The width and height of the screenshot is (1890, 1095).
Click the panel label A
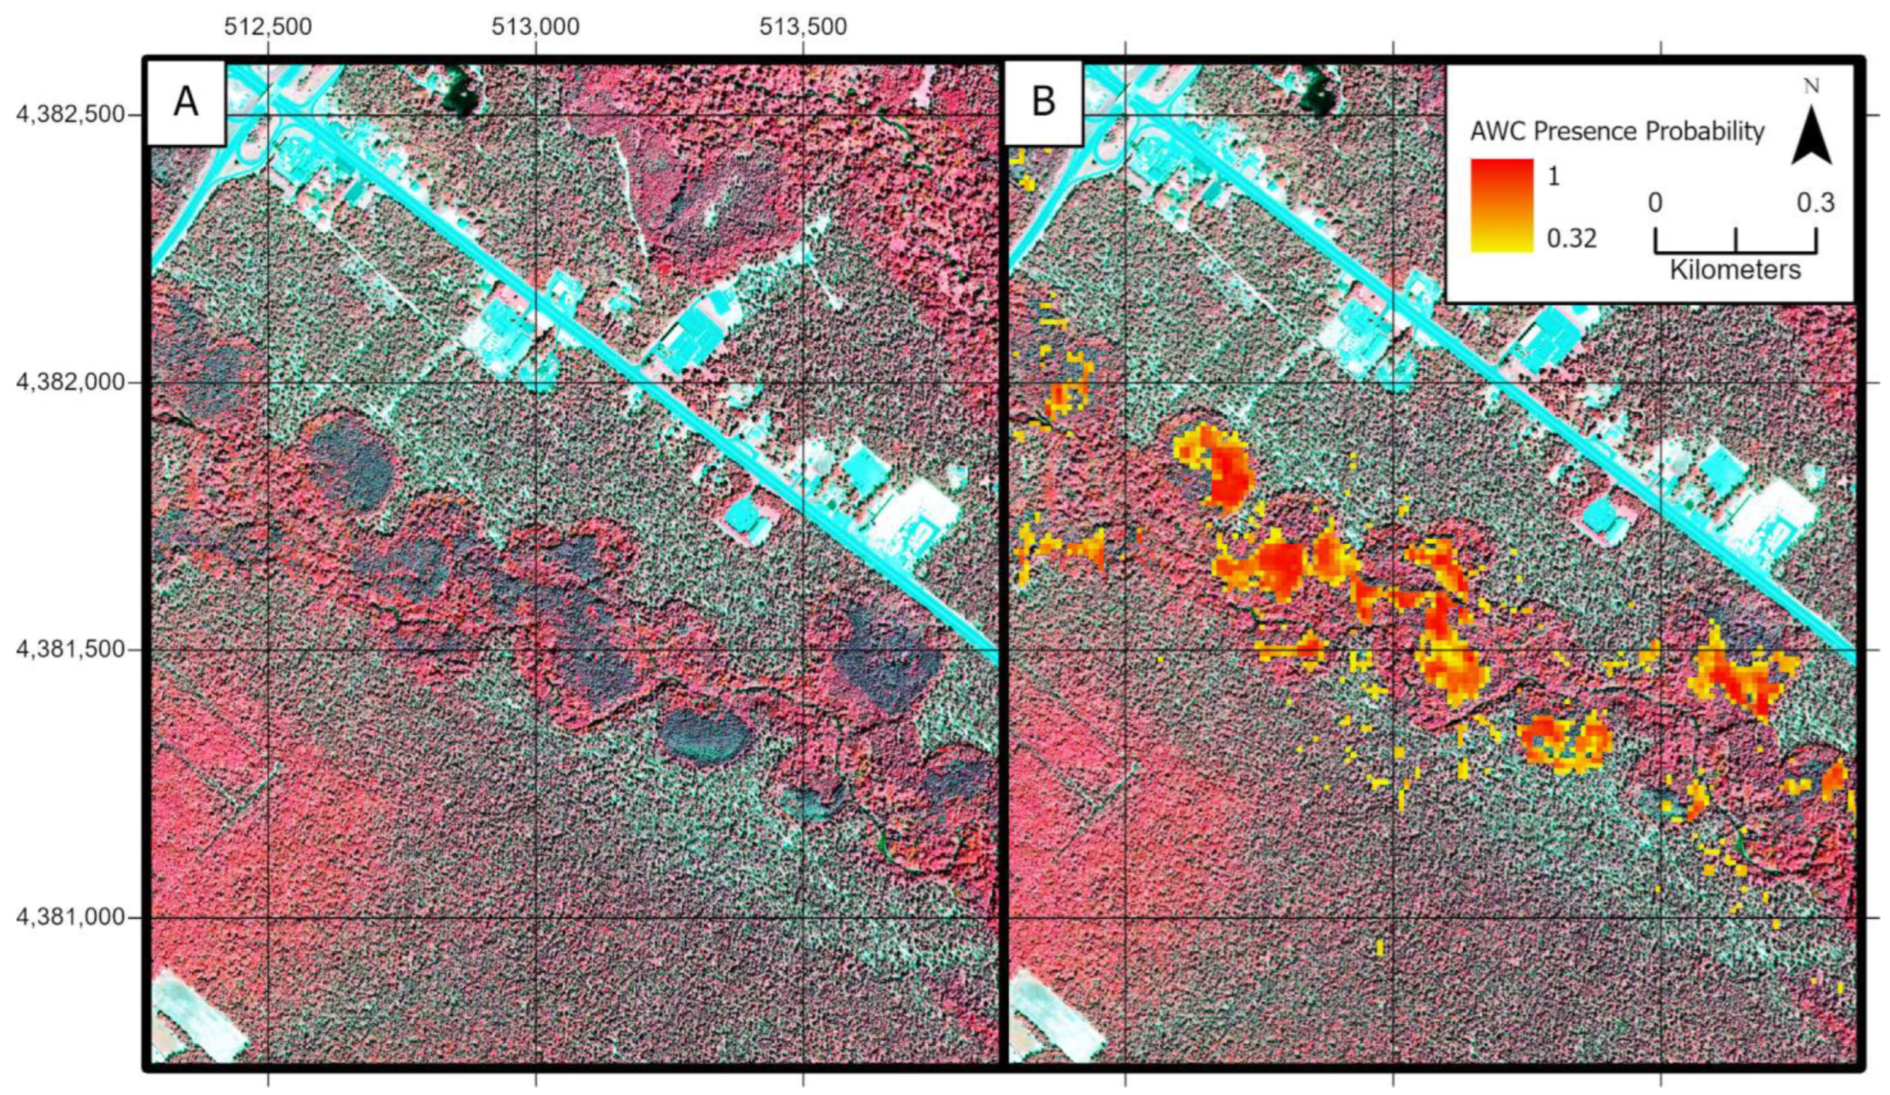(x=185, y=102)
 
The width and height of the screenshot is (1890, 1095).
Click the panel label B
(x=1043, y=102)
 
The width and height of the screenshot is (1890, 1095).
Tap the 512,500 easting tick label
(x=268, y=27)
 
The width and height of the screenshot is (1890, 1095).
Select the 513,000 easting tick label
(x=535, y=27)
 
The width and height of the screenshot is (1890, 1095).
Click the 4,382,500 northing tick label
(x=70, y=114)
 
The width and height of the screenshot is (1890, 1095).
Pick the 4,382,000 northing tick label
(x=70, y=381)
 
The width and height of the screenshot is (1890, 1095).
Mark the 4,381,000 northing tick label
(x=70, y=917)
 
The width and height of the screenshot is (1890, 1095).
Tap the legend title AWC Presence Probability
(x=1617, y=132)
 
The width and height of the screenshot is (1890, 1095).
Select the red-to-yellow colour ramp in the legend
(x=1502, y=205)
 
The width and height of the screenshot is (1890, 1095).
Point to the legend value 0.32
(x=1571, y=239)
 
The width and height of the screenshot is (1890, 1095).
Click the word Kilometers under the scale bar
(x=1735, y=270)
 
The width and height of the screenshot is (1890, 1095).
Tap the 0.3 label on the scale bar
(x=1815, y=203)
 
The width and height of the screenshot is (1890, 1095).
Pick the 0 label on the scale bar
(x=1655, y=203)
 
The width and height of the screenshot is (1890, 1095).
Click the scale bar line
(x=1735, y=252)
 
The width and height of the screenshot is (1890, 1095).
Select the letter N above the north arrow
(x=1811, y=87)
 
